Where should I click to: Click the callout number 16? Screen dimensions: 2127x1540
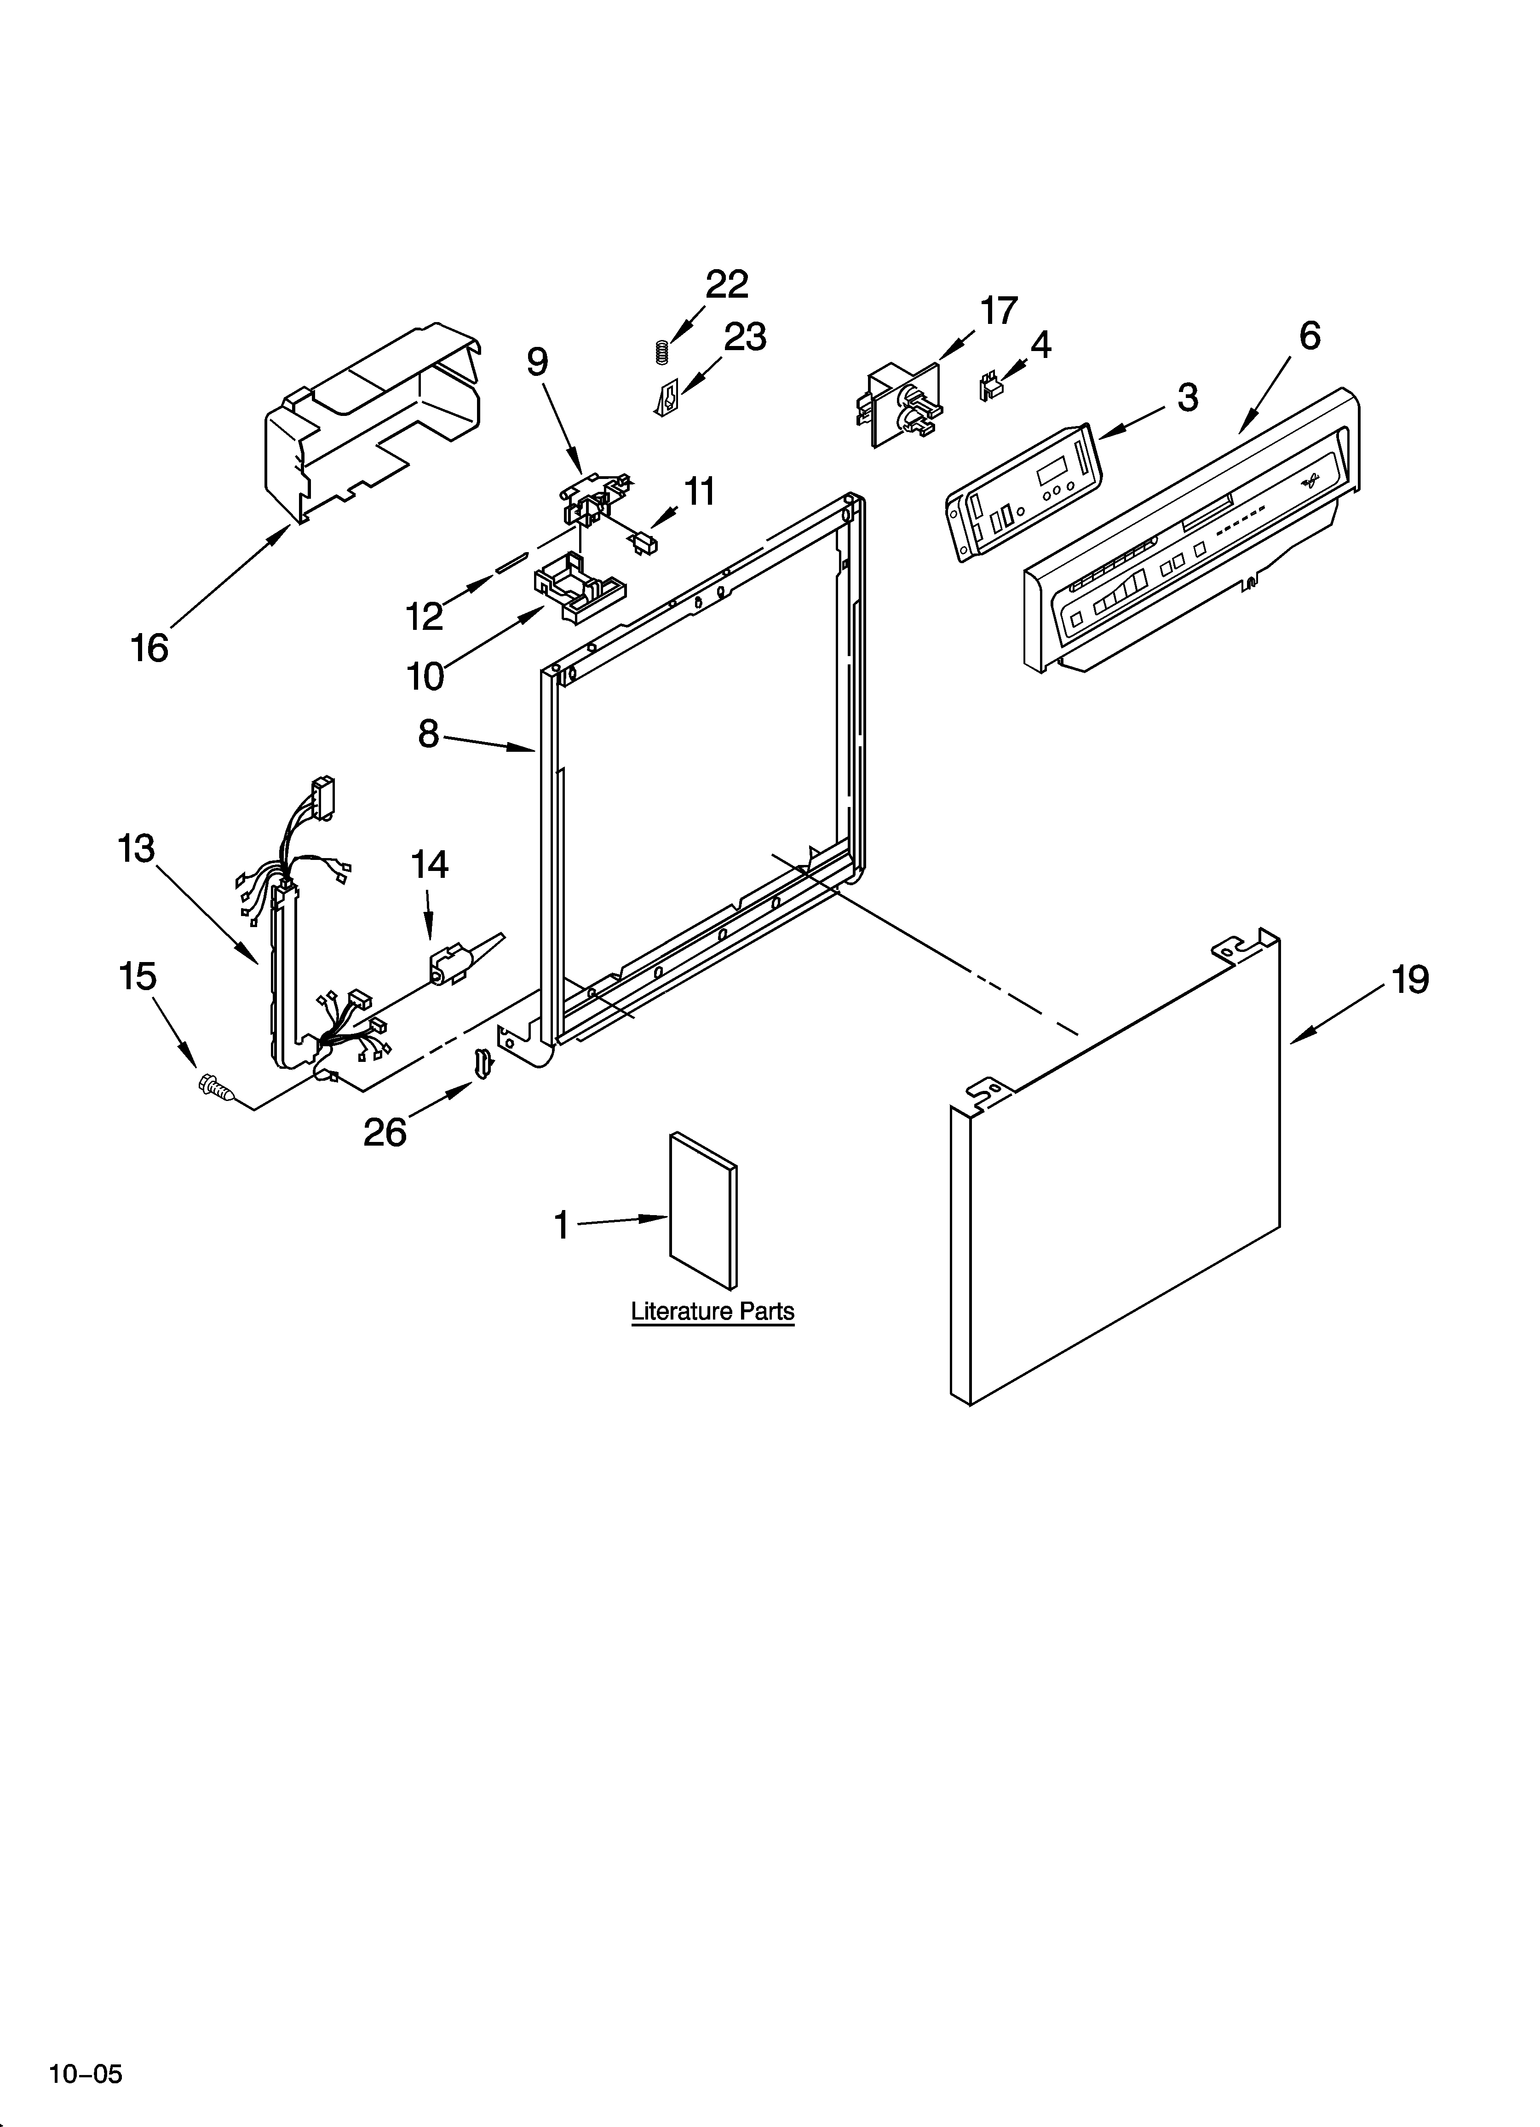(x=149, y=648)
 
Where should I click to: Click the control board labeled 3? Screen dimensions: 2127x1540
(x=1022, y=492)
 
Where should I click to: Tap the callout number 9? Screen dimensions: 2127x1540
(x=537, y=361)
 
